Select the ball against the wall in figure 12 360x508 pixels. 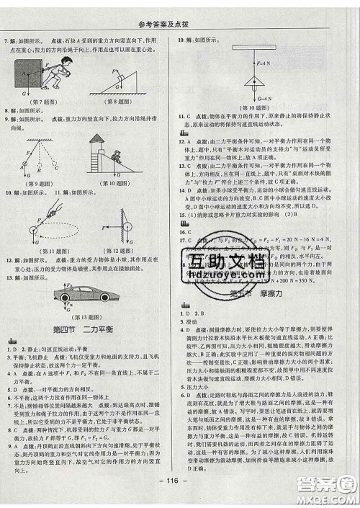[x=127, y=226]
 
